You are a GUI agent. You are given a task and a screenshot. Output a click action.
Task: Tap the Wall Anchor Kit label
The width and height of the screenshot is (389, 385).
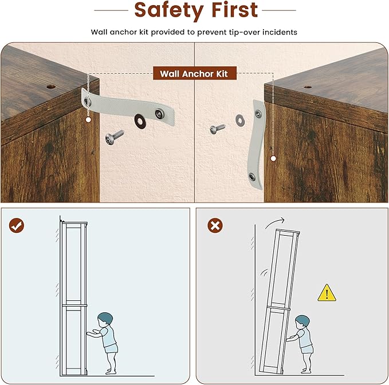pos(195,73)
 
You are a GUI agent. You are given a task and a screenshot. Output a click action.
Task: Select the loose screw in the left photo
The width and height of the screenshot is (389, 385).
pos(114,136)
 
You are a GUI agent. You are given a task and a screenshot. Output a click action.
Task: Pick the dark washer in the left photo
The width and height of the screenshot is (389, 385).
pos(140,121)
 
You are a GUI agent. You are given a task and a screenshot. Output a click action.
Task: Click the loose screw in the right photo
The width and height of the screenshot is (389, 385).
pos(217,129)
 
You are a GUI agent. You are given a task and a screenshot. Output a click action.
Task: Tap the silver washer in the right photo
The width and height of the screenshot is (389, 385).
pos(239,120)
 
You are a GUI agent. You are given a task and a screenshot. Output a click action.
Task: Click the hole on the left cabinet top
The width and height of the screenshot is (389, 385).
pos(51,87)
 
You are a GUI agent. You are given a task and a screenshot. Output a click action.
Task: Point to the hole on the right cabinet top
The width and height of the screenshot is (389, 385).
pos(308,87)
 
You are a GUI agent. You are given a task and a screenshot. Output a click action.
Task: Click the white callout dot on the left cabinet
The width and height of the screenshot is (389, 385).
pos(88,120)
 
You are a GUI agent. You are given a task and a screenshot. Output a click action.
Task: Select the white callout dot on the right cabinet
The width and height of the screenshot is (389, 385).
pos(273,158)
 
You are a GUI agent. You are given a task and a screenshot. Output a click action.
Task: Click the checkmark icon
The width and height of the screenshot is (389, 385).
pos(17,225)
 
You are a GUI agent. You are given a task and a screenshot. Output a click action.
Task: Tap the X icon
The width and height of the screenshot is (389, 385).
pos(215,225)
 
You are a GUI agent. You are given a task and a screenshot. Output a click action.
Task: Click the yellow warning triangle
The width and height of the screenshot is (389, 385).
pos(327,293)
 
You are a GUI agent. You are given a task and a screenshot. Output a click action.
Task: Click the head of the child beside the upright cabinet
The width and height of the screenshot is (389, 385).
pos(105,319)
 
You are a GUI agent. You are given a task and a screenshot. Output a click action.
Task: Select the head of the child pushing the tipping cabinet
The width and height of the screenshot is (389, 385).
pos(302,322)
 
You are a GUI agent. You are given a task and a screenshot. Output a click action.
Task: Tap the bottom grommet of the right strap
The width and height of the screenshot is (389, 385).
pos(252,177)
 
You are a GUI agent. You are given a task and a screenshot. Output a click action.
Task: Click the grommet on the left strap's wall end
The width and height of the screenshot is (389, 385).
pos(159,114)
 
